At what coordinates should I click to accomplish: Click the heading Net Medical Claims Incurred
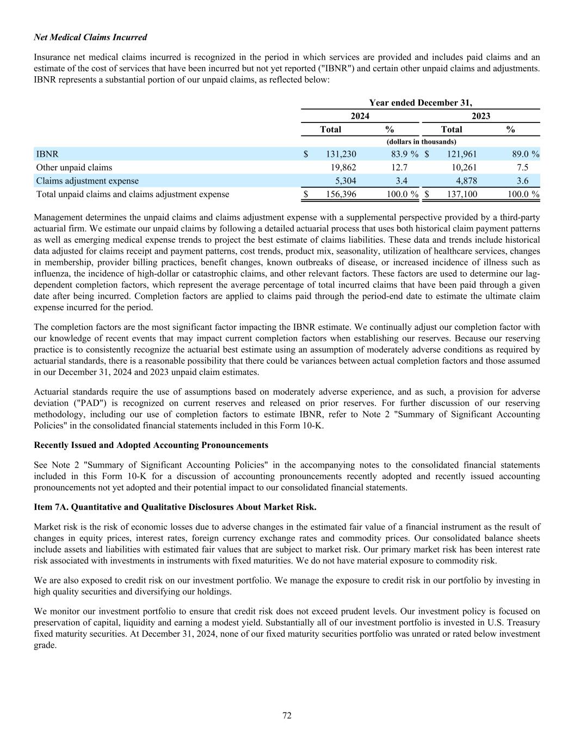pyautogui.click(x=90, y=38)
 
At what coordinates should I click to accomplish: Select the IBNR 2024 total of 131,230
pyautogui.click(x=341, y=154)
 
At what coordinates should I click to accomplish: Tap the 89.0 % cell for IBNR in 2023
pyautogui.click(x=522, y=154)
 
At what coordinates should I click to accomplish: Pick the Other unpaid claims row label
pyautogui.click(x=74, y=168)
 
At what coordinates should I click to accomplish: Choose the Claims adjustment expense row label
pyautogui.click(x=87, y=181)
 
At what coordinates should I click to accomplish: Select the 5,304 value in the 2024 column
pyautogui.click(x=345, y=181)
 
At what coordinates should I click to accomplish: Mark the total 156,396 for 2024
pyautogui.click(x=341, y=194)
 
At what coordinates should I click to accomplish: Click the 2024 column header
pyautogui.click(x=360, y=116)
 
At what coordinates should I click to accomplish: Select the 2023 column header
pyautogui.click(x=480, y=116)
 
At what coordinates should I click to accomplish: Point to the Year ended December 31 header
pyautogui.click(x=421, y=102)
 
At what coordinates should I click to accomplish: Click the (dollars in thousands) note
pyautogui.click(x=421, y=142)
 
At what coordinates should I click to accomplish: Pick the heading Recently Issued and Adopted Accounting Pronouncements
pyautogui.click(x=151, y=445)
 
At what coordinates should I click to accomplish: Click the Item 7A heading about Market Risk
pyautogui.click(x=175, y=507)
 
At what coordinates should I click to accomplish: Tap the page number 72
pyautogui.click(x=287, y=716)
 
